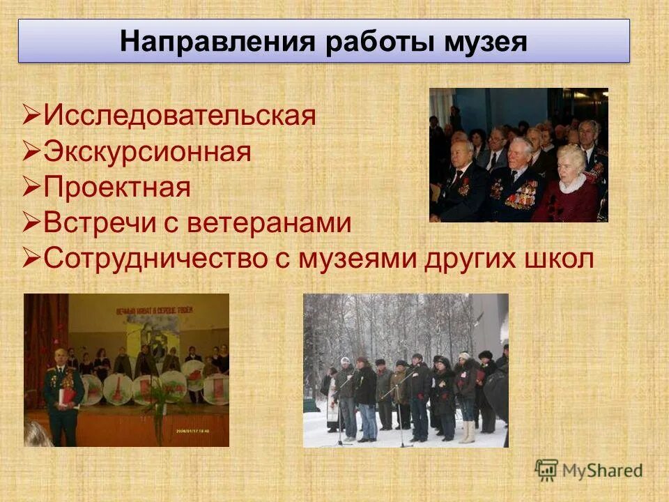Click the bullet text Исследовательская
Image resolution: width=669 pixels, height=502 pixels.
tap(180, 115)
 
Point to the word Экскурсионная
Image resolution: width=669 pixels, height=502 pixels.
tap(147, 151)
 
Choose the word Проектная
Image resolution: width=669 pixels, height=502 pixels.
tap(116, 188)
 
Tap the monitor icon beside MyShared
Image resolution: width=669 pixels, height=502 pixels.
tap(547, 469)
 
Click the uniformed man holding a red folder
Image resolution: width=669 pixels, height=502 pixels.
tap(63, 394)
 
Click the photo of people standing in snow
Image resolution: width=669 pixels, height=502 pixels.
tap(406, 370)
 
